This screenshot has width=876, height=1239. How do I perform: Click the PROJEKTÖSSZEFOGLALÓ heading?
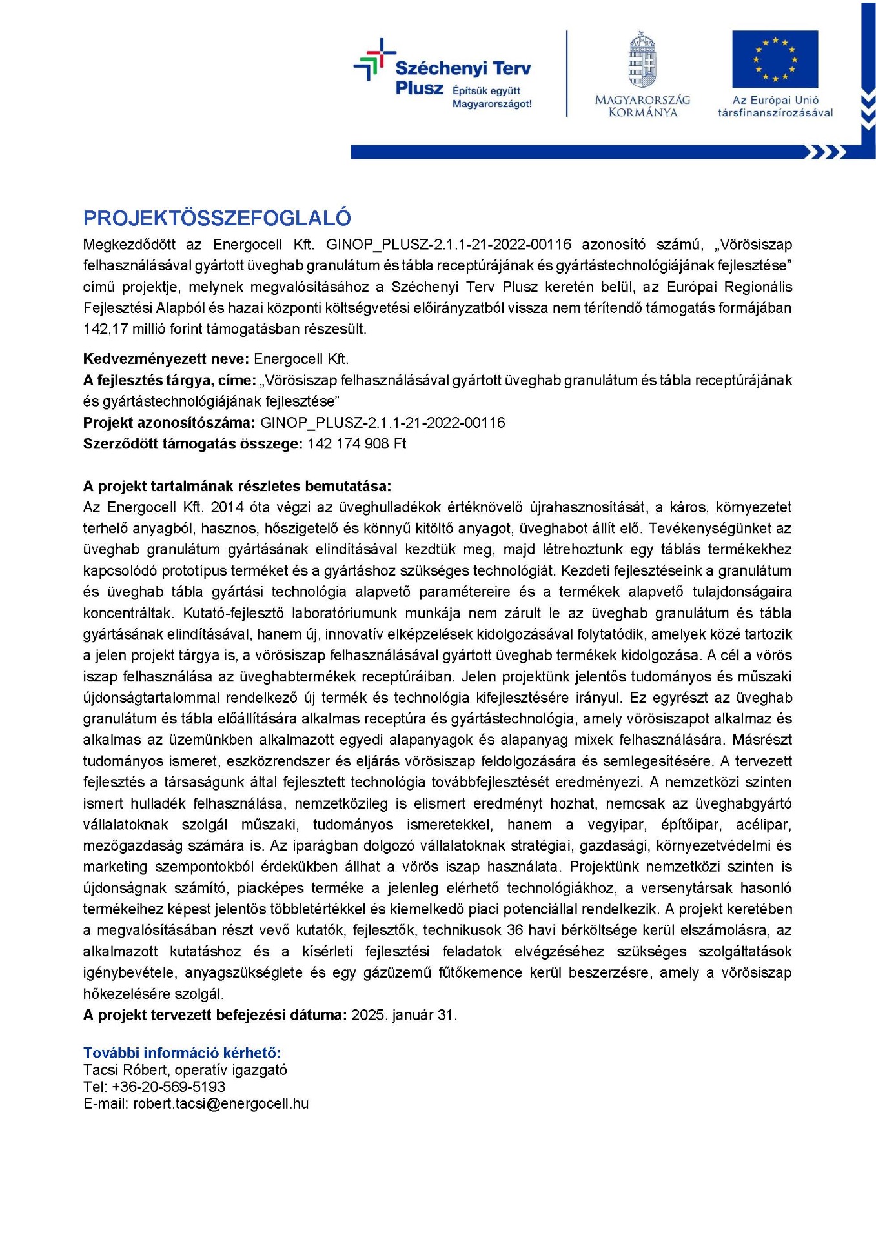coord(217,218)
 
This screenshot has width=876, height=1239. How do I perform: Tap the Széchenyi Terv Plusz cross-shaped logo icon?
coord(374,60)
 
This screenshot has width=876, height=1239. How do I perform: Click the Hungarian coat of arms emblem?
coord(642,59)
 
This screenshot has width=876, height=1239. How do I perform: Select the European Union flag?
coord(775,59)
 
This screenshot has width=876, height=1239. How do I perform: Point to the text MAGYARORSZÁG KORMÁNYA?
coord(642,106)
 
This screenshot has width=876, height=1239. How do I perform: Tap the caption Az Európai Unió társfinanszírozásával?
coord(775,106)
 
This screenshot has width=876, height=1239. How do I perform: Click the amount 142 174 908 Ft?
coord(357,444)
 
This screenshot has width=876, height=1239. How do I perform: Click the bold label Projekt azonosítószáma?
coord(169,423)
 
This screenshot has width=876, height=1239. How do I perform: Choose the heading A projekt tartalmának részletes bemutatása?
coord(237,486)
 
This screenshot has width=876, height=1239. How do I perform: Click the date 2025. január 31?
coord(404,1014)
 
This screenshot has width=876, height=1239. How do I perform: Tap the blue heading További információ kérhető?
coord(182,1053)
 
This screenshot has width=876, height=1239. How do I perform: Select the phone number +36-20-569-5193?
coord(168,1087)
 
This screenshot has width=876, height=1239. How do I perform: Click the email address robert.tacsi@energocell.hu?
coord(221,1103)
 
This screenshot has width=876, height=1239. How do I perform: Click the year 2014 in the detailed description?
coord(227,507)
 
